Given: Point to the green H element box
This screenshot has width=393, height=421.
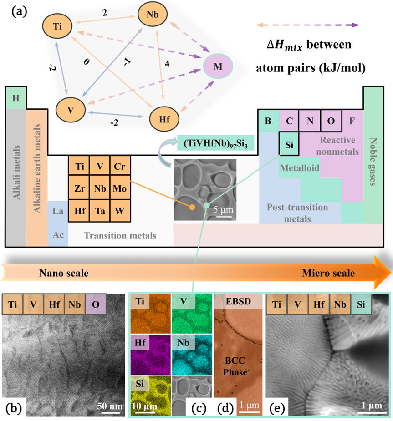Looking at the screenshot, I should (16, 98).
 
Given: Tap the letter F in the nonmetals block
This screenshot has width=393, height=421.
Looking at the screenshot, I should (352, 122).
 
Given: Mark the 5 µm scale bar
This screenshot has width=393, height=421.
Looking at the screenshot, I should (223, 215).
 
